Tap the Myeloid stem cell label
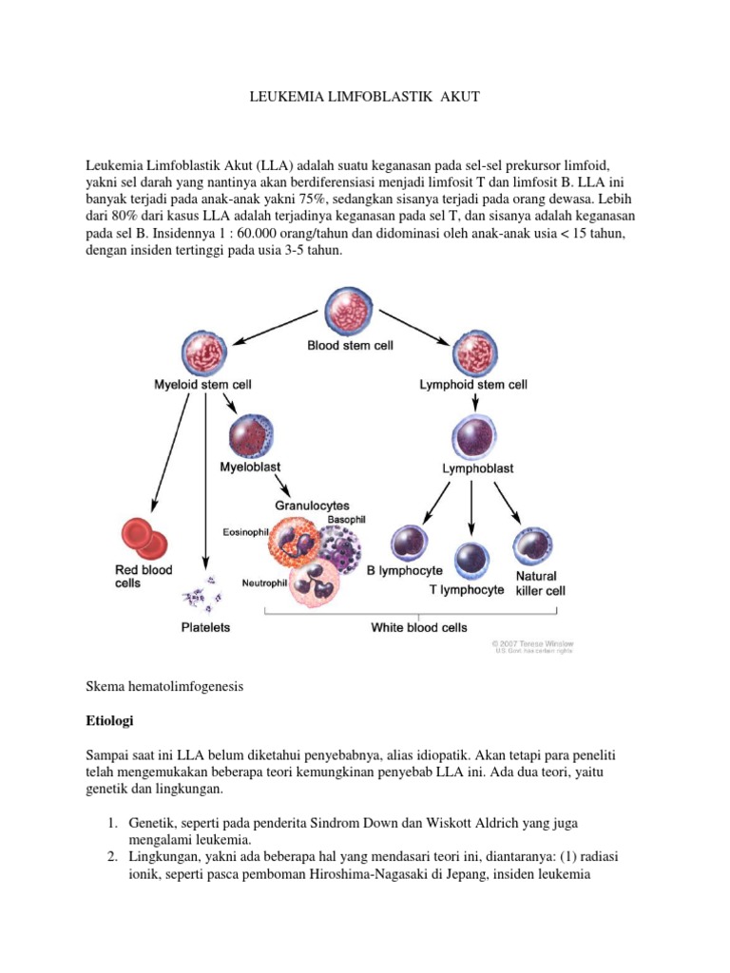202,385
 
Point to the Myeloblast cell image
250,438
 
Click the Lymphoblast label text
477,469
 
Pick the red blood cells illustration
144,539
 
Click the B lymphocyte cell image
412,544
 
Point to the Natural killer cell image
531,546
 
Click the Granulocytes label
312,506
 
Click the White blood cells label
406,627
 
